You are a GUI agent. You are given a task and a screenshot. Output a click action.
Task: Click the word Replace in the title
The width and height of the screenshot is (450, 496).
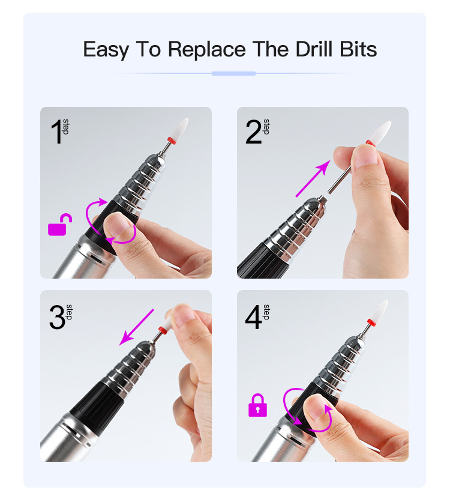(x=206, y=50)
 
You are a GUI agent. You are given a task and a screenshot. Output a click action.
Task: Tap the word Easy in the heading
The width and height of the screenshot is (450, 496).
(x=106, y=50)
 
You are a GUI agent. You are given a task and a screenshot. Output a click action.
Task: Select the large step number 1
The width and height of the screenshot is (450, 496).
(x=56, y=132)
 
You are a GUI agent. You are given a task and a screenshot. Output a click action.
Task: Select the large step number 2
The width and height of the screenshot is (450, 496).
(x=253, y=132)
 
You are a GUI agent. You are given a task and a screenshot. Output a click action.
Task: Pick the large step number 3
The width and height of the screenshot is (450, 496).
(x=57, y=317)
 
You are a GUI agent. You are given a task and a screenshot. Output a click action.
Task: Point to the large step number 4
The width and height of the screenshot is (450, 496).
(x=253, y=317)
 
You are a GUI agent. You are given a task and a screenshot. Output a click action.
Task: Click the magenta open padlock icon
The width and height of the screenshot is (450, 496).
(x=60, y=225)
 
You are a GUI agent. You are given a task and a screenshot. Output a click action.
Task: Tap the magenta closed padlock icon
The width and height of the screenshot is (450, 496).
(x=257, y=405)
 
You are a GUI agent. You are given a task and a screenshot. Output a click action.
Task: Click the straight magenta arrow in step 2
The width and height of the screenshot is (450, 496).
(x=313, y=179)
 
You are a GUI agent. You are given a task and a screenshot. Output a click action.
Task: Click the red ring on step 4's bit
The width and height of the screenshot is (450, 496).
(x=371, y=323)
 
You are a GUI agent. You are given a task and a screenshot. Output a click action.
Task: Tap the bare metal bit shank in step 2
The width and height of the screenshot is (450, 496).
(x=340, y=180)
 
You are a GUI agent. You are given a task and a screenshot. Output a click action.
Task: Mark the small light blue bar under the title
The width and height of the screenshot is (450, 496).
(x=233, y=73)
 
